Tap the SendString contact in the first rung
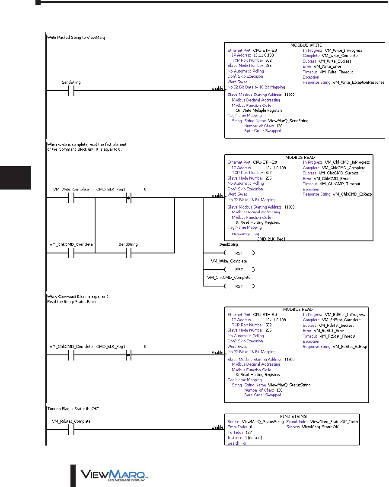pyautogui.click(x=72, y=91)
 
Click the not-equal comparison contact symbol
pyautogui.click(x=128, y=198)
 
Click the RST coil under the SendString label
pyautogui.click(x=239, y=253)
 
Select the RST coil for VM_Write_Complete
pyautogui.click(x=239, y=269)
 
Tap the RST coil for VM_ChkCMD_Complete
pyautogui.click(x=239, y=286)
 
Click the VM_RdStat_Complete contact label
pyautogui.click(x=69, y=421)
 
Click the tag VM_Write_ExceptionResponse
pyautogui.click(x=358, y=82)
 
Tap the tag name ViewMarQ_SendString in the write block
pyautogui.click(x=288, y=121)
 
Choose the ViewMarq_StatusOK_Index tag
pyautogui.click(x=335, y=422)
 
